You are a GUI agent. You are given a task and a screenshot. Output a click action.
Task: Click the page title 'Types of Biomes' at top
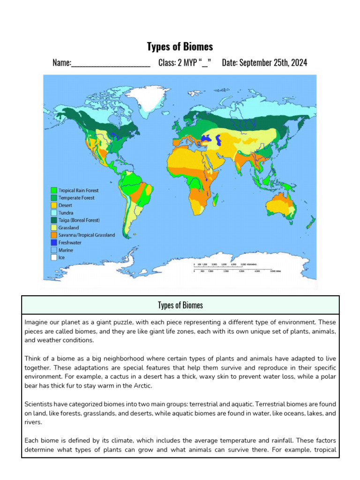click(x=180, y=46)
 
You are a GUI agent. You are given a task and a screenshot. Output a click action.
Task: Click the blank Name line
click(x=111, y=63)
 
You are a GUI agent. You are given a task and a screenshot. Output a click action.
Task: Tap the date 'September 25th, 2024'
click(x=273, y=63)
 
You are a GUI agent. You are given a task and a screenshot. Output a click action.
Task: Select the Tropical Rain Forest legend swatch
click(x=54, y=190)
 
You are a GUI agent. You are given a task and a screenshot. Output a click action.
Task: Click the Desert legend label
click(x=65, y=205)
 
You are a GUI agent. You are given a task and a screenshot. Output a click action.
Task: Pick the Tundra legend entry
click(x=66, y=213)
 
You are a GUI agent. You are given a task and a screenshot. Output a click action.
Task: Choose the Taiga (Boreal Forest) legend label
click(x=79, y=220)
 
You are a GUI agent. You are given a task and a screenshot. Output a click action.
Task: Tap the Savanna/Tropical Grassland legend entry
click(x=86, y=235)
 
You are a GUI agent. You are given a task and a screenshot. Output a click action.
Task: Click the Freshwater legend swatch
click(x=54, y=243)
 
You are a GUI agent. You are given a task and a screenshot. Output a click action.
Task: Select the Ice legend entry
click(x=61, y=257)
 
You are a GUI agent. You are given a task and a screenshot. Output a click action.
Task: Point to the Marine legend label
click(x=66, y=250)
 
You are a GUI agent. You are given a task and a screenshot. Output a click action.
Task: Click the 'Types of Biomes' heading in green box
click(x=180, y=305)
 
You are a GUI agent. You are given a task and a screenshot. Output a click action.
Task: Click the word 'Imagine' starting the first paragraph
click(x=36, y=323)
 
